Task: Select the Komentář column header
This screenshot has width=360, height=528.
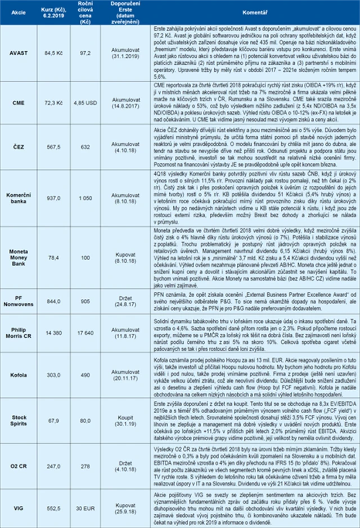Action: tap(255, 11)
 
